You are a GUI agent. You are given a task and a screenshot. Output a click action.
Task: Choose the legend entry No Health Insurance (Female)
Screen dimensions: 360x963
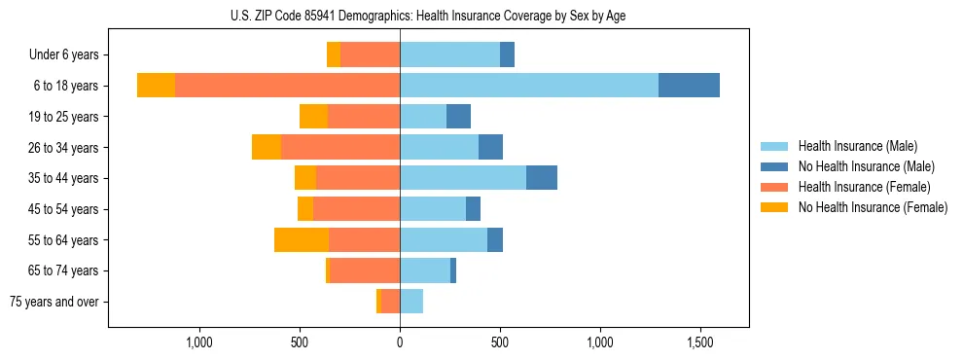[x=872, y=207]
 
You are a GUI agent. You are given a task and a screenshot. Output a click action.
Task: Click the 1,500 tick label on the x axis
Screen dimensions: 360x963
[x=701, y=342]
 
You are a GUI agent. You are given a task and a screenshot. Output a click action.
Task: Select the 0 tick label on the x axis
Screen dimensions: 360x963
[x=400, y=342]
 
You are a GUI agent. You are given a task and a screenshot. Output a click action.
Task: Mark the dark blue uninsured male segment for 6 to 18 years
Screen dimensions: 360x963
[x=689, y=86]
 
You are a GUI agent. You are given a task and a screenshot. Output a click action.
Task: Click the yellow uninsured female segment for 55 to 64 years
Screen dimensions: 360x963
[x=302, y=240]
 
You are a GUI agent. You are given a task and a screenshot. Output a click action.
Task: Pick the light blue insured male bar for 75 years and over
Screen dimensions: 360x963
[x=411, y=302]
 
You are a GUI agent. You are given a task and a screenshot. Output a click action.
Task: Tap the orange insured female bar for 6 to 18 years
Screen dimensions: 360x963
[x=287, y=86]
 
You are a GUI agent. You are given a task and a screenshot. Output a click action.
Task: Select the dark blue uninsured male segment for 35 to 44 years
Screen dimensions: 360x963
[x=542, y=178]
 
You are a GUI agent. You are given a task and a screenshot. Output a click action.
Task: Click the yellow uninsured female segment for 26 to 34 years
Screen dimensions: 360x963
[x=267, y=147]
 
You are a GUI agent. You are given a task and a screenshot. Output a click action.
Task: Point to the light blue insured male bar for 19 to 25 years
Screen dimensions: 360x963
[x=423, y=117]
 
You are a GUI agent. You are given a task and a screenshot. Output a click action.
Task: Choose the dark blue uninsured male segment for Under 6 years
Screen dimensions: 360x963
[x=507, y=55]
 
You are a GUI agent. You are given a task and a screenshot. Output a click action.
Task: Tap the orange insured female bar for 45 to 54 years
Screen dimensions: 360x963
[x=356, y=209]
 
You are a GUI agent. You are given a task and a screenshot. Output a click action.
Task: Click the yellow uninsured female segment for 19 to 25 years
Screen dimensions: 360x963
[x=313, y=117]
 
